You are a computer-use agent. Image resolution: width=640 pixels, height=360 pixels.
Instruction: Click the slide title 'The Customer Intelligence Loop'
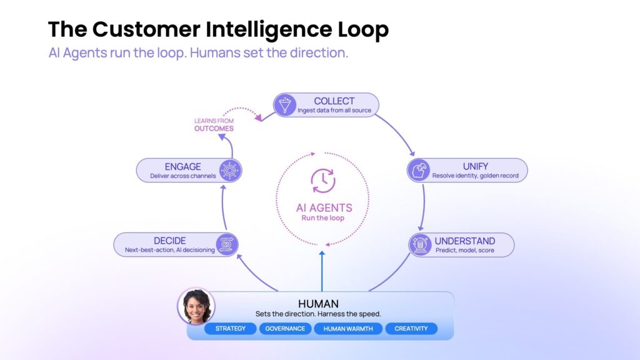coord(218,29)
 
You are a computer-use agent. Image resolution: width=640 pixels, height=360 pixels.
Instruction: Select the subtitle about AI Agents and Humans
coord(198,53)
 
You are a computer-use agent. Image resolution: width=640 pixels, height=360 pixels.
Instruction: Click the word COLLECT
coord(334,101)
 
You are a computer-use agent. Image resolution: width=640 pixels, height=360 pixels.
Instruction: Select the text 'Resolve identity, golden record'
coord(475,176)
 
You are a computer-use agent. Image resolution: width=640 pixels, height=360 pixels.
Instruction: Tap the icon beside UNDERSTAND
coord(420,244)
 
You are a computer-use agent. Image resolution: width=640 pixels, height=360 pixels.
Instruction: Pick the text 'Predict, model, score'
coord(465,250)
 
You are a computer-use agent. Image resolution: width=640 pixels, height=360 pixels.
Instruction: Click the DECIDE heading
coord(169,241)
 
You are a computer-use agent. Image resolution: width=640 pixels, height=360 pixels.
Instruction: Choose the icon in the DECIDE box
coord(226,244)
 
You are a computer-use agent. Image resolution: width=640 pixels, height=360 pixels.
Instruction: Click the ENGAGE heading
coord(182,167)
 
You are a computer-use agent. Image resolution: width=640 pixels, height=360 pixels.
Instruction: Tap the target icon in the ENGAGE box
coord(230,170)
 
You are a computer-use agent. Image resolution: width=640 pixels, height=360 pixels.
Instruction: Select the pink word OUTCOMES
coord(213,129)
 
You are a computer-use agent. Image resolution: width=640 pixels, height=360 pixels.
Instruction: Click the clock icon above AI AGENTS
coord(322,181)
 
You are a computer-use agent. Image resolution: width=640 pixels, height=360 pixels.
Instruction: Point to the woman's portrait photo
coord(196,306)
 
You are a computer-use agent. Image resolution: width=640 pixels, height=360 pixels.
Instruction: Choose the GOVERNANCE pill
coord(285,329)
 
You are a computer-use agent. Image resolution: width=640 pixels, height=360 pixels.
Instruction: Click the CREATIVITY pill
coord(411,329)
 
